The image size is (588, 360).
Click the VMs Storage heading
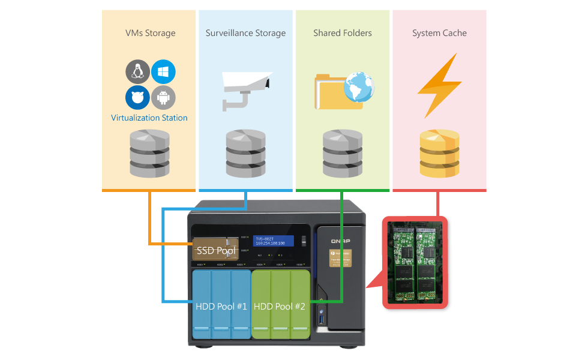[x=150, y=33]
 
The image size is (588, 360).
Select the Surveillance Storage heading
[x=245, y=33]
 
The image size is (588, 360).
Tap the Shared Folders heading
[x=342, y=33]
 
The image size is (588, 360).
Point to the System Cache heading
[x=439, y=33]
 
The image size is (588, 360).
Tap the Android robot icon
[x=163, y=97]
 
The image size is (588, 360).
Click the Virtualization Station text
[x=149, y=118]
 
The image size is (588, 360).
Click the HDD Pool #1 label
[x=221, y=307]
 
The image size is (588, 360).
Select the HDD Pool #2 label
[x=280, y=307]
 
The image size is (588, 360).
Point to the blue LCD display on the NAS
[x=273, y=241]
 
